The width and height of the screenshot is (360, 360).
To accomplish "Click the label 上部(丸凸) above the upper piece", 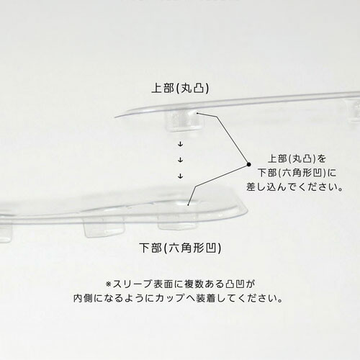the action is [x=180, y=89].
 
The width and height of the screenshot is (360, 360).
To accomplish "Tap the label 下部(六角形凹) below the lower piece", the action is [x=180, y=248].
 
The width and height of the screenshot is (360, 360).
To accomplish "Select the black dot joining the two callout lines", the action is [x=249, y=164].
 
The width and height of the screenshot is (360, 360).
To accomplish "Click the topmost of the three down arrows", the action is [x=181, y=144].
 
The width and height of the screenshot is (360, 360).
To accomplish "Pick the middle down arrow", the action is [x=181, y=160].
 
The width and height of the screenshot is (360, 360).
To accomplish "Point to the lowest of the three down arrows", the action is [x=181, y=176].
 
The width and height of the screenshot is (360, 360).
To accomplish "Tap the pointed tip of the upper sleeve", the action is [x=115, y=117].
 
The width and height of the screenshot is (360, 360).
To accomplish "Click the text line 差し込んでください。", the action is [x=294, y=187].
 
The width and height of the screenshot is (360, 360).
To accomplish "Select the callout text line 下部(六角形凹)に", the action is [x=297, y=173].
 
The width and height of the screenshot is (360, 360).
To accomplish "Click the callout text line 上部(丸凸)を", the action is [x=297, y=158].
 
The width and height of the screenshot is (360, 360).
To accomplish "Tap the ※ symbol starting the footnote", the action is [x=109, y=284].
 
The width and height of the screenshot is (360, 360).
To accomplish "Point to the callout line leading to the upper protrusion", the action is [x=222, y=138].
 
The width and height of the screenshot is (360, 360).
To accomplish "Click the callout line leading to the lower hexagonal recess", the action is [x=218, y=185].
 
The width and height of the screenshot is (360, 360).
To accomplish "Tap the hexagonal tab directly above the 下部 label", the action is [x=178, y=222].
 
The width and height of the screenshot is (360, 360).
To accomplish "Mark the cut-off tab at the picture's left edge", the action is [x=6, y=233].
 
